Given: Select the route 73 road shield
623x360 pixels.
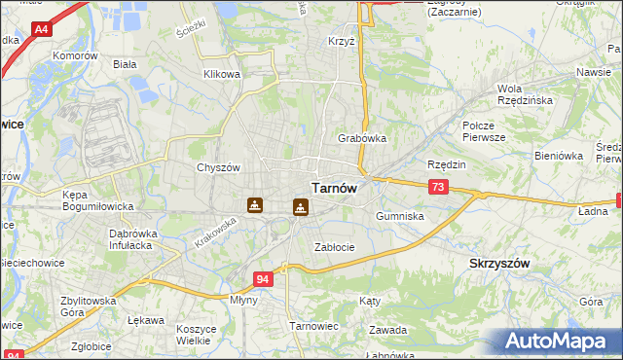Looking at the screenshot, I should pyautogui.click(x=438, y=186).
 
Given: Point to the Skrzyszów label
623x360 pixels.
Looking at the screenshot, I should pyautogui.click(x=499, y=264).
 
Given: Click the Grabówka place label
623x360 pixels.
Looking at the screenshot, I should pyautogui.click(x=362, y=138).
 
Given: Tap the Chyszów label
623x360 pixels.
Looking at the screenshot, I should pyautogui.click(x=218, y=167).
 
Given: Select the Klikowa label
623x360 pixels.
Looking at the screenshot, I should pyautogui.click(x=221, y=74).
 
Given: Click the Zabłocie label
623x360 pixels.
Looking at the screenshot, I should pyautogui.click(x=334, y=247).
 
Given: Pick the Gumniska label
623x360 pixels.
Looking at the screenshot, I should pyautogui.click(x=399, y=216).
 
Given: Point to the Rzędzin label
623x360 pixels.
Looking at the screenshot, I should pyautogui.click(x=447, y=164).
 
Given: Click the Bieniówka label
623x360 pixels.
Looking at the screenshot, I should pyautogui.click(x=558, y=155).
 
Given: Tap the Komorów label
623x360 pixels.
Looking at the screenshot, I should pyautogui.click(x=78, y=56).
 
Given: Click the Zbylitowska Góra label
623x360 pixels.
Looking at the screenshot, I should pyautogui.click(x=88, y=307).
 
